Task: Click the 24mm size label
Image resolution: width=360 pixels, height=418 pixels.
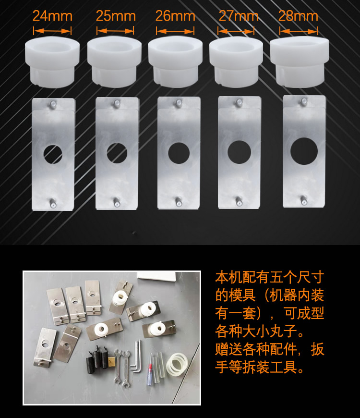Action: coord(52,16)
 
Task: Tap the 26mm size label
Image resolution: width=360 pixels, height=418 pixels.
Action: coord(175,16)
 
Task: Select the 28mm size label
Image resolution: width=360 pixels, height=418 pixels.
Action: coord(298,16)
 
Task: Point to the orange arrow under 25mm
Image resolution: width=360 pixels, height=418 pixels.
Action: coord(115,31)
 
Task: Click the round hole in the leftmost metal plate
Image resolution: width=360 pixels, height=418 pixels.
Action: coord(53,154)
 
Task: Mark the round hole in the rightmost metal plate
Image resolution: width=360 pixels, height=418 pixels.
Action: coord(304,151)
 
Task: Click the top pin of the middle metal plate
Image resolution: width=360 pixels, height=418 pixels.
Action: coord(179,102)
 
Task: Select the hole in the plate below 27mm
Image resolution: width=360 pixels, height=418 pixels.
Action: coord(239,152)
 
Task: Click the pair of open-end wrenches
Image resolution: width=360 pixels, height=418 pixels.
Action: coord(122,369)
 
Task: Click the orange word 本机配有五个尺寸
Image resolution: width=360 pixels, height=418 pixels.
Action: coord(269,278)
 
